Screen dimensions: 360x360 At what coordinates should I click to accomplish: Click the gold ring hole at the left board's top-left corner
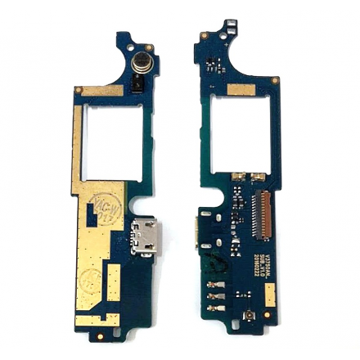(76, 88)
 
